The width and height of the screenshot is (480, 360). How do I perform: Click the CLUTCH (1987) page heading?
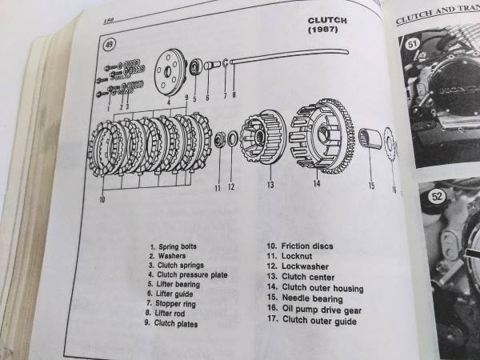coord(327,25)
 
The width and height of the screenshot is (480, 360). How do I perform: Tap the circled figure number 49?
coord(109,45)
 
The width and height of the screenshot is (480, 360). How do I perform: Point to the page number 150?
coord(108,21)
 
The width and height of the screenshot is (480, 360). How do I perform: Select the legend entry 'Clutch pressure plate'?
coord(188,274)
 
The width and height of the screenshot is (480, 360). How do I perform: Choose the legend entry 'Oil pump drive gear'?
coord(314,310)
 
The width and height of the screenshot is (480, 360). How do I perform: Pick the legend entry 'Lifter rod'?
coord(166,313)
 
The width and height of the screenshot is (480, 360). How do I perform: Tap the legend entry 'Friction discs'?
coord(300,246)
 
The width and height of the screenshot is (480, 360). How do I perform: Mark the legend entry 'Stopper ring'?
coord(171,303)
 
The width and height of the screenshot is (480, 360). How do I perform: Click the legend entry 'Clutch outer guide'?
coord(312,320)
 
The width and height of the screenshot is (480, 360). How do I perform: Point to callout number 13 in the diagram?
coord(270,185)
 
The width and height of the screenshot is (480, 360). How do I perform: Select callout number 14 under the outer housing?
coord(317,183)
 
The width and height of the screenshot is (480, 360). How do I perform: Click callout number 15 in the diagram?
coord(371,186)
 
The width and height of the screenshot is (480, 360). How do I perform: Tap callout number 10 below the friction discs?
coord(102,199)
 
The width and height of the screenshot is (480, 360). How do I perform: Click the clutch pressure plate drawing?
coord(170,72)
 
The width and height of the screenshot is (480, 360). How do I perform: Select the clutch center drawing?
coord(263,137)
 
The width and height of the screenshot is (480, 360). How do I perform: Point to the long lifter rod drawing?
coord(289,55)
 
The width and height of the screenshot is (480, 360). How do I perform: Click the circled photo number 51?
coord(412,44)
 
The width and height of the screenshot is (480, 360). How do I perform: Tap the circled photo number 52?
coord(436,196)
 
